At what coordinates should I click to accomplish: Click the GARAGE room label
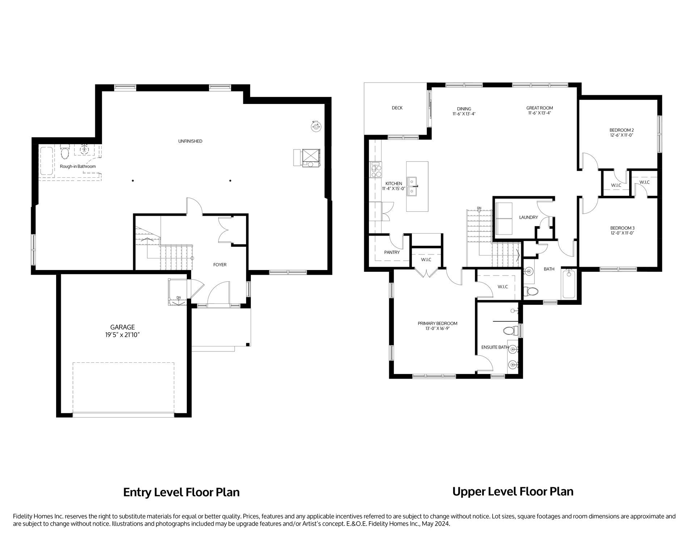(122, 327)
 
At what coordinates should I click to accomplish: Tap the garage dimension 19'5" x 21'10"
(122, 335)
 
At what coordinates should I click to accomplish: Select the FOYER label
(220, 265)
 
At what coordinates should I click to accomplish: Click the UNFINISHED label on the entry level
(190, 141)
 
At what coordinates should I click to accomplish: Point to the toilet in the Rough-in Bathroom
(65, 152)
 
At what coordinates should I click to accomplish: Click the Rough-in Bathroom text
(78, 167)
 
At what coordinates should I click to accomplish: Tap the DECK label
(397, 108)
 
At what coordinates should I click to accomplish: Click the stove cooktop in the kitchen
(376, 170)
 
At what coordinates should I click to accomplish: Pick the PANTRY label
(392, 252)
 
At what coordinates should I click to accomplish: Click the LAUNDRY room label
(528, 217)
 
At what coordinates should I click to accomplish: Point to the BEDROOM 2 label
(622, 130)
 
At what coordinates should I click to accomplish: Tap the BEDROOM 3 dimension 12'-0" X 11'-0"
(622, 233)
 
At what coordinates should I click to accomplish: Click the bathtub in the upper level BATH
(568, 284)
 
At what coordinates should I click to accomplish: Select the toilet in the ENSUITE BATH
(510, 331)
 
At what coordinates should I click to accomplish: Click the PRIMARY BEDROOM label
(437, 323)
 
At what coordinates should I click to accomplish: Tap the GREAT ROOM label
(539, 108)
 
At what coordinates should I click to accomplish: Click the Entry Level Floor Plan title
(181, 492)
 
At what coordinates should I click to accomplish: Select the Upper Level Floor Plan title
(513, 492)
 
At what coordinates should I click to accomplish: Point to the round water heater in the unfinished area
(316, 126)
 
